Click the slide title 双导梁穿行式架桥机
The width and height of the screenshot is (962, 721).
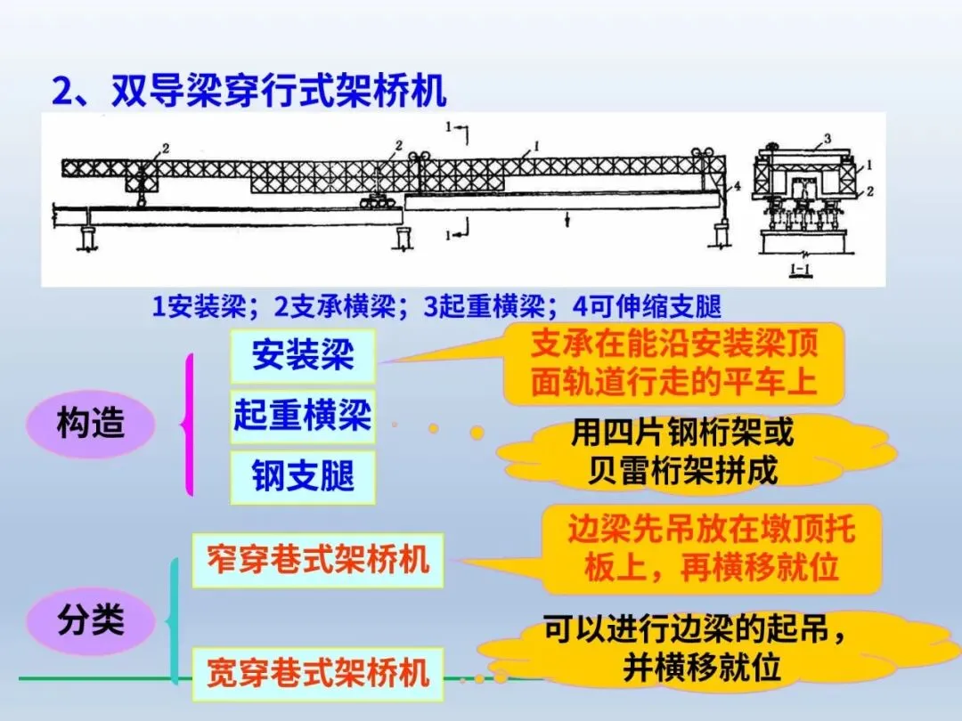pos(249,91)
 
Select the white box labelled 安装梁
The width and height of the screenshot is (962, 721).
pos(302,356)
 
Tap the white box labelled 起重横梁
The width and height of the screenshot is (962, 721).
pos(302,416)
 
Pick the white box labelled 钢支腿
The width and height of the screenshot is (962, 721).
pos(302,476)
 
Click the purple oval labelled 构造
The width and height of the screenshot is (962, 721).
pos(90,425)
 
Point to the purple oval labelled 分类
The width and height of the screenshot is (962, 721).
pos(90,620)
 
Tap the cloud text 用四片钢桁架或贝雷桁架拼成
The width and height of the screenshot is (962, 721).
pos(682,452)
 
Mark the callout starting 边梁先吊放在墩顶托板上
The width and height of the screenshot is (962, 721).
pos(711,548)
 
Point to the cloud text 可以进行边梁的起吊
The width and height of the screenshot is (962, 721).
pos(694,648)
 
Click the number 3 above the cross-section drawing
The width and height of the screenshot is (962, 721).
pos(827,138)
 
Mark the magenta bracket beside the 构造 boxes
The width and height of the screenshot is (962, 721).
pos(188,425)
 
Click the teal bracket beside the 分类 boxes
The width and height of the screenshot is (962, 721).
pos(174,620)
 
